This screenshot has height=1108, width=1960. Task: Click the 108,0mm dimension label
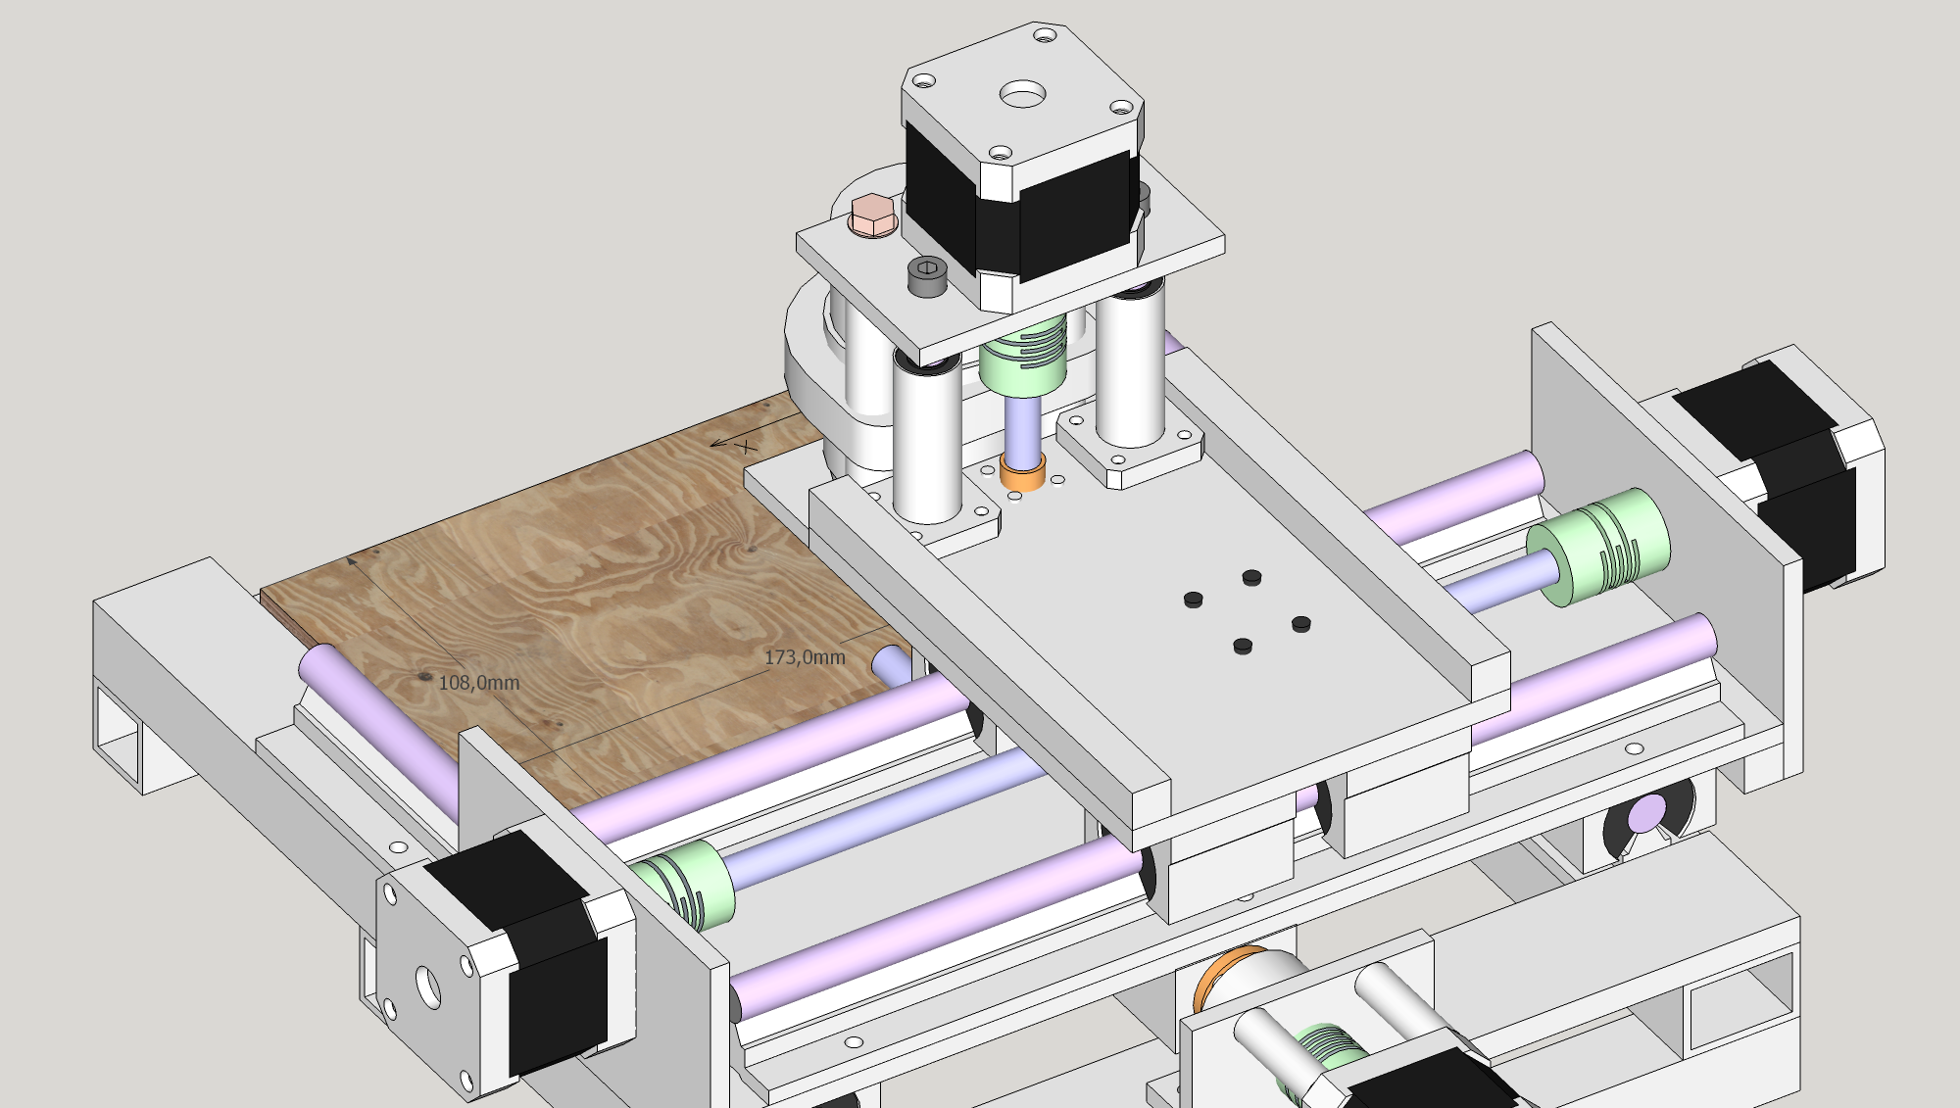coord(478,683)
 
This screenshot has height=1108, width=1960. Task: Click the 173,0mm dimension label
coord(805,657)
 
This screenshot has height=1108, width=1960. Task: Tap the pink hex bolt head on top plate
coord(872,215)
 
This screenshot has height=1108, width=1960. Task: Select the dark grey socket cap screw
coord(927,276)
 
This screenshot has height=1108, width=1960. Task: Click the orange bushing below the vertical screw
coord(1022,472)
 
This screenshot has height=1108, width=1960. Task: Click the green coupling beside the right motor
coord(1597,547)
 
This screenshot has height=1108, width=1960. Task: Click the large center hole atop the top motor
coord(1022,95)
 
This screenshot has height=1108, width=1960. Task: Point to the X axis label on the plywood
coord(748,447)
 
